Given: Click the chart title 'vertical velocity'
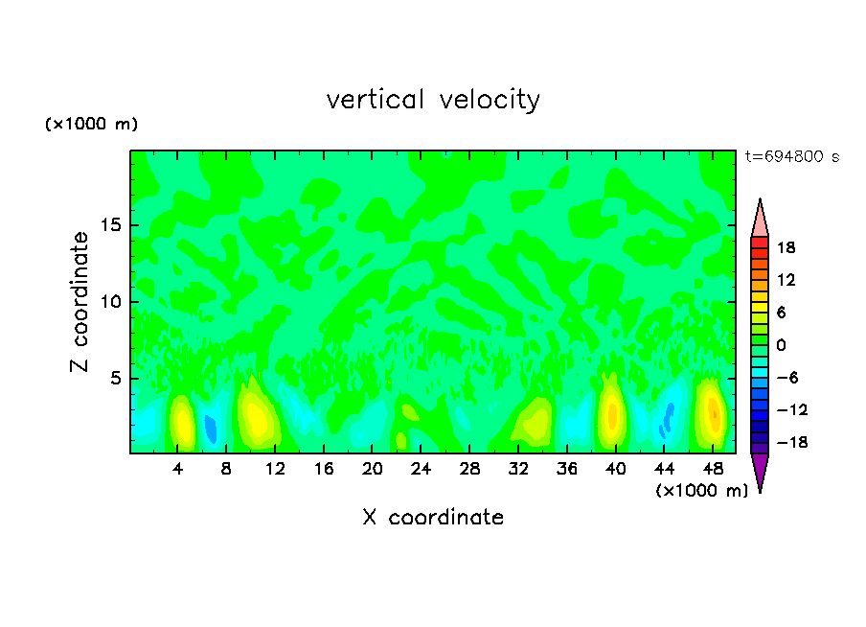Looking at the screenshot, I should tap(433, 100).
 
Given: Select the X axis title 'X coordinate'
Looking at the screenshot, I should tap(433, 518).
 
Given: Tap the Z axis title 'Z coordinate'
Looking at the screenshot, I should tap(80, 302).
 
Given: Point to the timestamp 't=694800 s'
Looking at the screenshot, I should tap(791, 157).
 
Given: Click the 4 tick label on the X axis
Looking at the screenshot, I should tap(178, 469).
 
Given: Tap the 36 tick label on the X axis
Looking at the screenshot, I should tap(567, 469).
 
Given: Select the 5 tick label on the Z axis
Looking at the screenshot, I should tap(115, 379).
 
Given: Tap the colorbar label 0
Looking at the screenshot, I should tap(780, 344).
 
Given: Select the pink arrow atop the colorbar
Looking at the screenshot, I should tap(760, 217).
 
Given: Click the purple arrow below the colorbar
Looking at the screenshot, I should tap(760, 472).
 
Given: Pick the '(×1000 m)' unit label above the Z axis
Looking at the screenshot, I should tap(92, 125).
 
